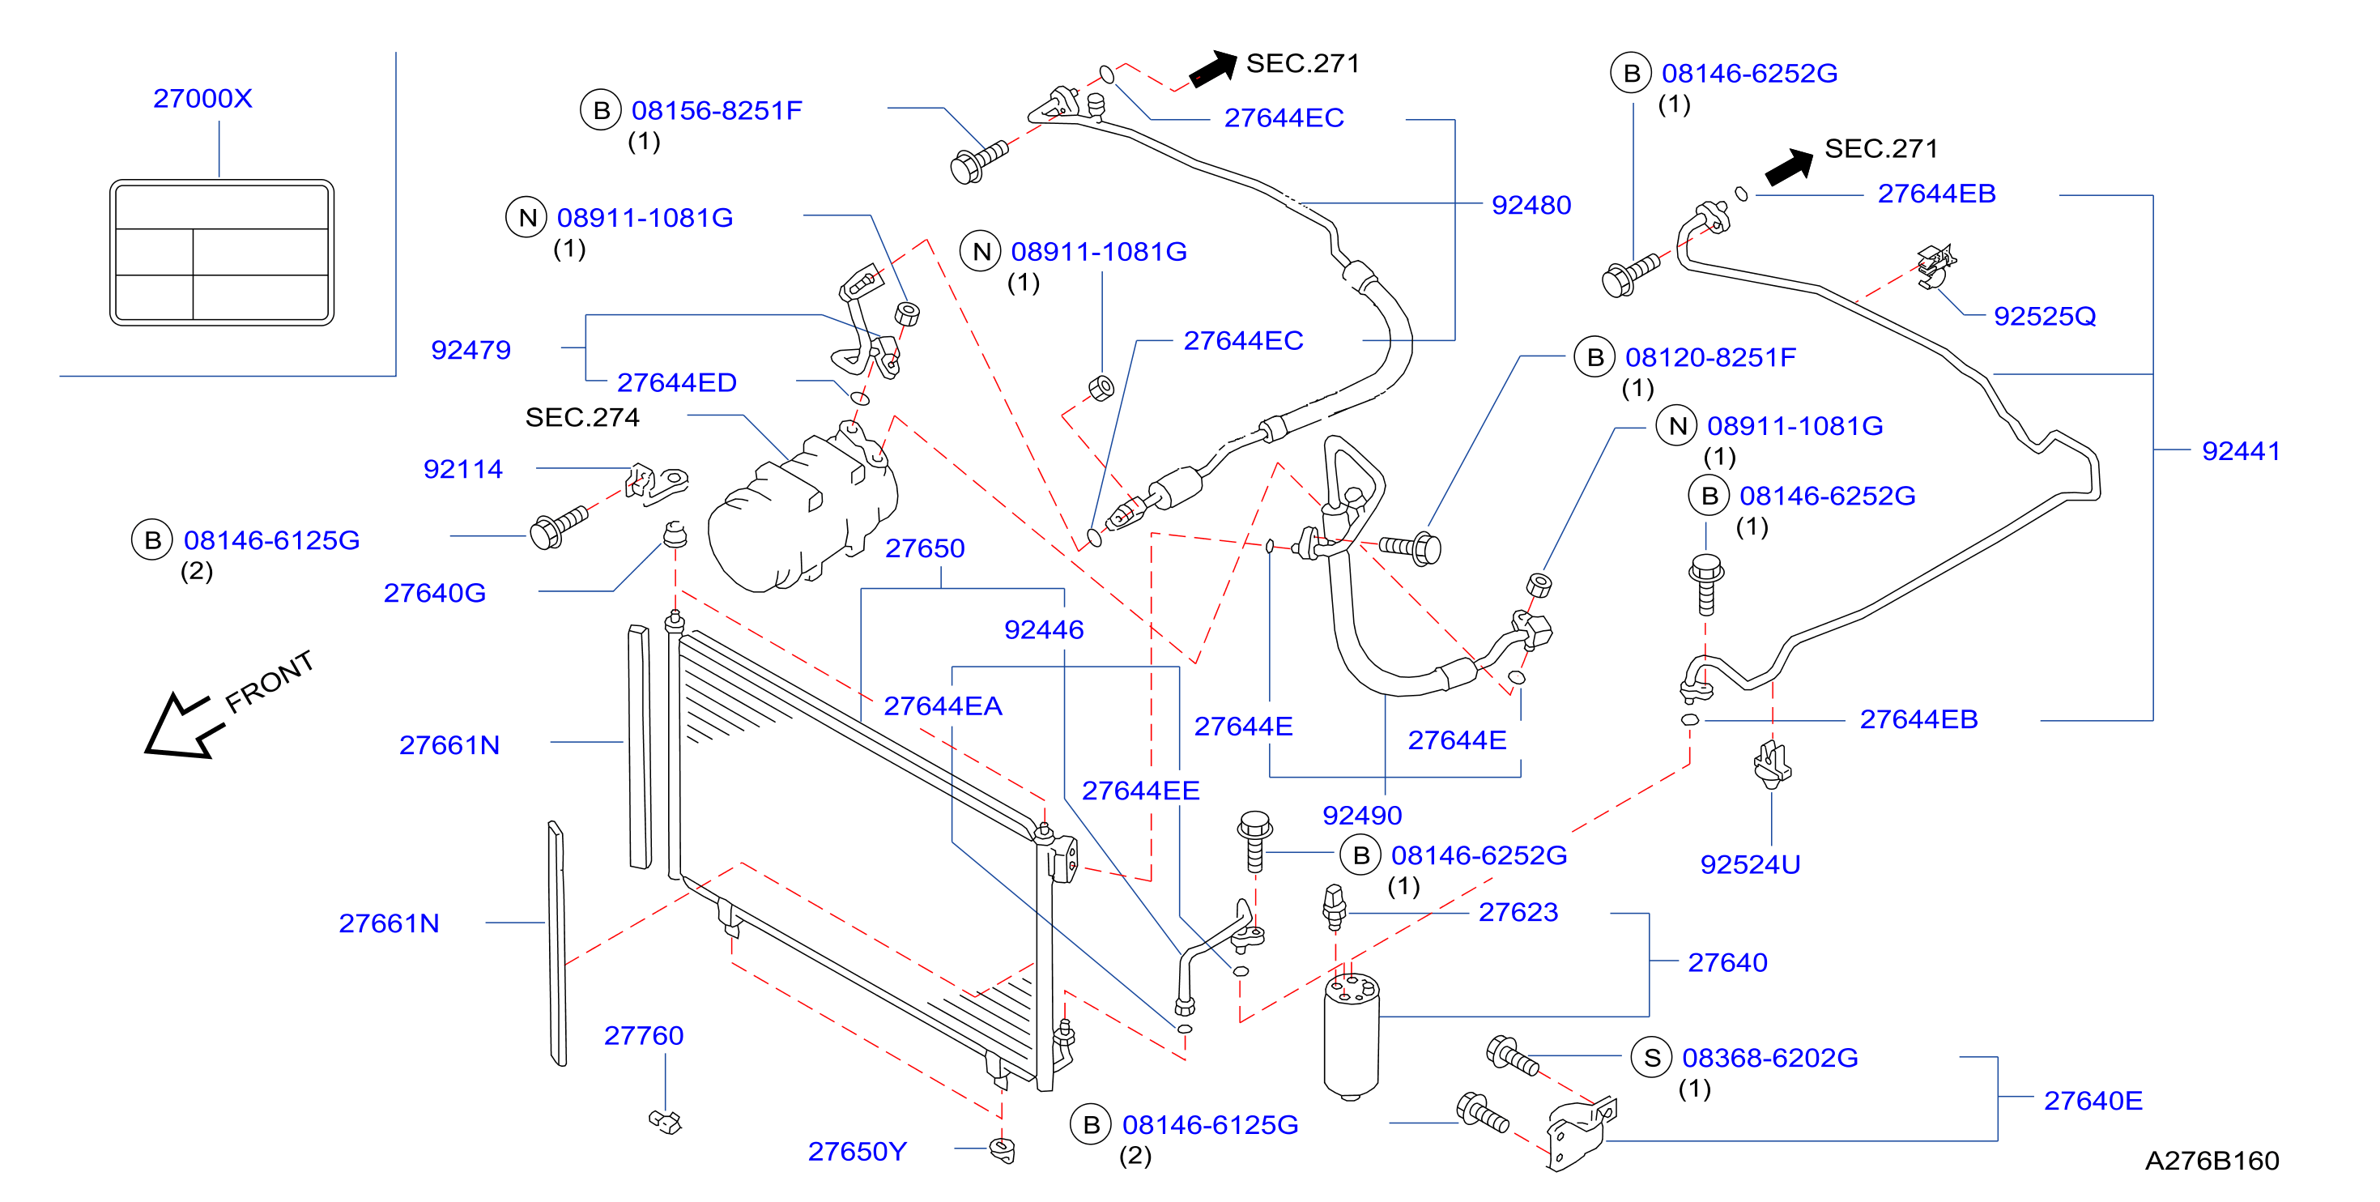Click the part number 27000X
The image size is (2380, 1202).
click(x=202, y=98)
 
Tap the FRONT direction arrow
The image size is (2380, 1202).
click(x=182, y=727)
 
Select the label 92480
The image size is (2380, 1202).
click(x=1531, y=205)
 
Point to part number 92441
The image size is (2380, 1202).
click(x=2241, y=451)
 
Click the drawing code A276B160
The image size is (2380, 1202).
click(x=2212, y=1161)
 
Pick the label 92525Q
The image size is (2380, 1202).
click(x=2044, y=316)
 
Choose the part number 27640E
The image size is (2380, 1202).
click(x=2093, y=1101)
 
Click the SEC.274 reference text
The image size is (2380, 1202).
click(x=582, y=418)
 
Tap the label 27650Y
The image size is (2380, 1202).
click(x=858, y=1151)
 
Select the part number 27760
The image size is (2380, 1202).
click(x=644, y=1036)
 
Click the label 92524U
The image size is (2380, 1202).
click(x=1750, y=865)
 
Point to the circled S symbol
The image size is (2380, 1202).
click(x=1652, y=1058)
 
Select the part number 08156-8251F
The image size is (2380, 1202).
click(x=717, y=111)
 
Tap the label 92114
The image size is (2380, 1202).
click(x=463, y=469)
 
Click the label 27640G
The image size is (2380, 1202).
click(x=434, y=593)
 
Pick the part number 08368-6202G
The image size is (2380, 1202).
click(x=1769, y=1058)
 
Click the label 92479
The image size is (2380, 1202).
click(x=470, y=350)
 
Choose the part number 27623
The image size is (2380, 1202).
click(x=1518, y=912)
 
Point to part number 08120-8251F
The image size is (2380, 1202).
click(x=1710, y=357)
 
